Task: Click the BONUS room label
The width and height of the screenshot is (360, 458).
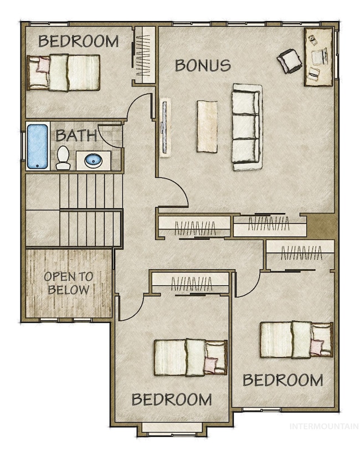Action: point(203,65)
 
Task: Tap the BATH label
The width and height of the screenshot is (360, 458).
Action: point(76,136)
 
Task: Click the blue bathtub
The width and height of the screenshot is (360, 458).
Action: point(38,146)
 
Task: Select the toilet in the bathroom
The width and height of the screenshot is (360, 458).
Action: point(63,158)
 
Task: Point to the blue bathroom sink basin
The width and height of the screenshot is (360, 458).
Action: point(93,161)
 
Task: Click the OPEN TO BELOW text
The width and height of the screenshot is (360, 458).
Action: point(68,283)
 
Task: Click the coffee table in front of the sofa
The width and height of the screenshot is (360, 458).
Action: point(207,126)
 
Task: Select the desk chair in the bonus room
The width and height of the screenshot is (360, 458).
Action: point(290,61)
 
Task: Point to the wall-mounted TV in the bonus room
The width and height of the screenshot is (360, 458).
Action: point(165,127)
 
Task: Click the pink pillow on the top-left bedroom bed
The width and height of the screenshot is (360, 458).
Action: point(43,65)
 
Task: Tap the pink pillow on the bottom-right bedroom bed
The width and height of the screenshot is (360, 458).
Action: point(317,347)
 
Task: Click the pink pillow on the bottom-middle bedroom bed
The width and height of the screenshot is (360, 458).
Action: point(212,365)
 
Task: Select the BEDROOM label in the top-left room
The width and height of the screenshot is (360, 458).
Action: point(78,41)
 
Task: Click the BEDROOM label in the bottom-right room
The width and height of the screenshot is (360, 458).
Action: point(283,380)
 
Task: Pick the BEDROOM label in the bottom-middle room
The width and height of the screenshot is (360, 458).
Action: point(172,399)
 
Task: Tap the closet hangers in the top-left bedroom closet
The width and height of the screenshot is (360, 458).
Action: point(142,55)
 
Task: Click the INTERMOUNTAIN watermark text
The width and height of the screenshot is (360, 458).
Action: point(324,426)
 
